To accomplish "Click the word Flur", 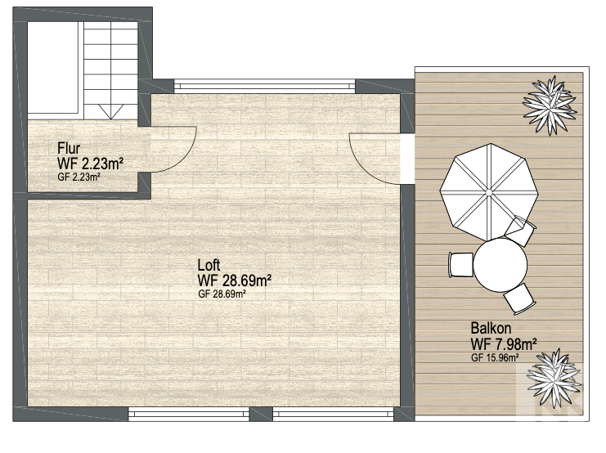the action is [x=69, y=148].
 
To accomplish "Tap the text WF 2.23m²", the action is [x=91, y=164].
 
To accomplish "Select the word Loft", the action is [x=209, y=265].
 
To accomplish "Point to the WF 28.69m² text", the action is [x=234, y=280].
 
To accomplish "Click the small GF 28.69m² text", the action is [x=222, y=294].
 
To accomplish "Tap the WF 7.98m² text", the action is [x=504, y=343].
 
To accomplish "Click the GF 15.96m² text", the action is [x=495, y=357].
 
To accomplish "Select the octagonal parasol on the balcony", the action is [x=489, y=191].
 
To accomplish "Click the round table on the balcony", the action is [x=501, y=262].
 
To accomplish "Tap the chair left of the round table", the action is [x=461, y=264].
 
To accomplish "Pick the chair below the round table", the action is [x=519, y=298].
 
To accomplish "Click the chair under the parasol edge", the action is [x=521, y=231].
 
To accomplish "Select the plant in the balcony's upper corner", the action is [x=550, y=105].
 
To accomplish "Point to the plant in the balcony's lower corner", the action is [x=554, y=379].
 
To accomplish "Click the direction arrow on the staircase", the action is [x=111, y=111].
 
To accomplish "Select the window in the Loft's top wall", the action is [x=264, y=85].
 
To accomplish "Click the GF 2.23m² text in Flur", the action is [x=79, y=177].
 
